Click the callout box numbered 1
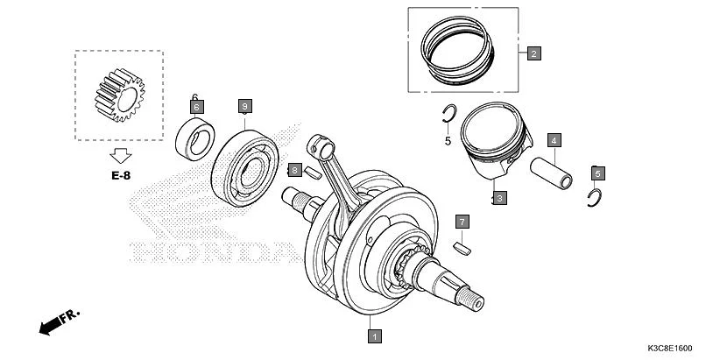click(x=374, y=335)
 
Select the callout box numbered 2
click(x=533, y=53)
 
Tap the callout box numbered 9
click(x=245, y=106)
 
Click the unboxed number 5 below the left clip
click(x=447, y=140)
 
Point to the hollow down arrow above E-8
click(x=120, y=155)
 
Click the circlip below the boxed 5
click(x=594, y=198)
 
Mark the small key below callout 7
click(x=462, y=248)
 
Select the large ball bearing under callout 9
click(x=247, y=158)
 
